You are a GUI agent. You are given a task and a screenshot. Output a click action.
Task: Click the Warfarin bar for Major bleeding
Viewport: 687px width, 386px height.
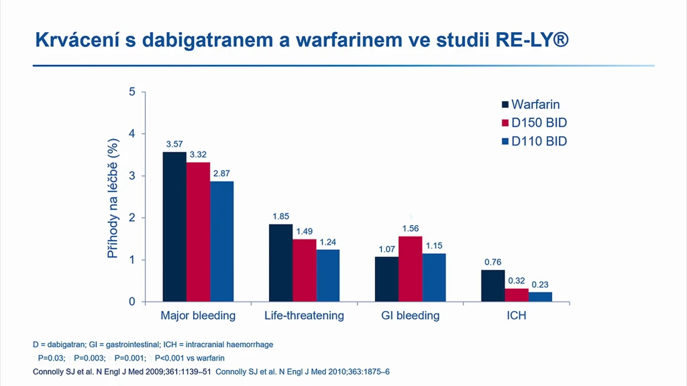(x=174, y=227)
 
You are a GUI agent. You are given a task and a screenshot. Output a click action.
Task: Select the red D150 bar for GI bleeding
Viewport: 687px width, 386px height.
(x=411, y=269)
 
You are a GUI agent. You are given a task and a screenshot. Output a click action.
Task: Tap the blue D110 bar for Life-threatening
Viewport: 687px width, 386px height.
(x=327, y=275)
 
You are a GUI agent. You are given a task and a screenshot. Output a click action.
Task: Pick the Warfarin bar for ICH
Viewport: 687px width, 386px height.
(x=493, y=285)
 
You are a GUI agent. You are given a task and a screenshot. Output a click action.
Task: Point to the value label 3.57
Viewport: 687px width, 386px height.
(x=174, y=144)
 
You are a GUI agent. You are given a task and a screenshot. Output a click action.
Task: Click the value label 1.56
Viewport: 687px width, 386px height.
(x=411, y=229)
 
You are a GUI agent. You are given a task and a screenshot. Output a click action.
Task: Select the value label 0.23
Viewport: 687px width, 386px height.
(x=540, y=284)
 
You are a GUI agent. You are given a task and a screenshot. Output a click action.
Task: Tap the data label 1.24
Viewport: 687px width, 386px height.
(x=327, y=242)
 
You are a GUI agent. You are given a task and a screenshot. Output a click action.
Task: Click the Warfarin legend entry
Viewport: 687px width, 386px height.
(x=531, y=105)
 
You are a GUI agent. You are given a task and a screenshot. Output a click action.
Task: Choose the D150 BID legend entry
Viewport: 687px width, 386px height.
(x=535, y=123)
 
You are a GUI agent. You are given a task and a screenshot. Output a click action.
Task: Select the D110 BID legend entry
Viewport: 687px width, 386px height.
(x=535, y=141)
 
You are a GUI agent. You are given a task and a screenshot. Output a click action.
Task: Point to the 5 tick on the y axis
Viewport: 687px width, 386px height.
(x=132, y=92)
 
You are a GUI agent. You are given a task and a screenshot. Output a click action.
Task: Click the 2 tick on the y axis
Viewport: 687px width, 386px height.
(x=132, y=218)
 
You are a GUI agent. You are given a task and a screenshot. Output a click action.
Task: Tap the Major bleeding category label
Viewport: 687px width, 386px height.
(x=198, y=316)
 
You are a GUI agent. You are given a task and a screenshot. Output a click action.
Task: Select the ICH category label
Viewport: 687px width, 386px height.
(x=517, y=316)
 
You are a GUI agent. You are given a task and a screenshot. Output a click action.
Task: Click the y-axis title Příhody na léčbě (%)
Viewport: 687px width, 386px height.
(x=113, y=198)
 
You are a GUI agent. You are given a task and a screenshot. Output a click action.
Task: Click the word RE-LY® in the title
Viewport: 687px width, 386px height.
(x=532, y=40)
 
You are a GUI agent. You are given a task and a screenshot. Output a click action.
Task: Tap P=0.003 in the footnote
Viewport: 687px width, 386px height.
(x=89, y=358)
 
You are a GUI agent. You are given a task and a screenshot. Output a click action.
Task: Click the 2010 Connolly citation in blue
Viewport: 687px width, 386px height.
(x=303, y=372)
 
